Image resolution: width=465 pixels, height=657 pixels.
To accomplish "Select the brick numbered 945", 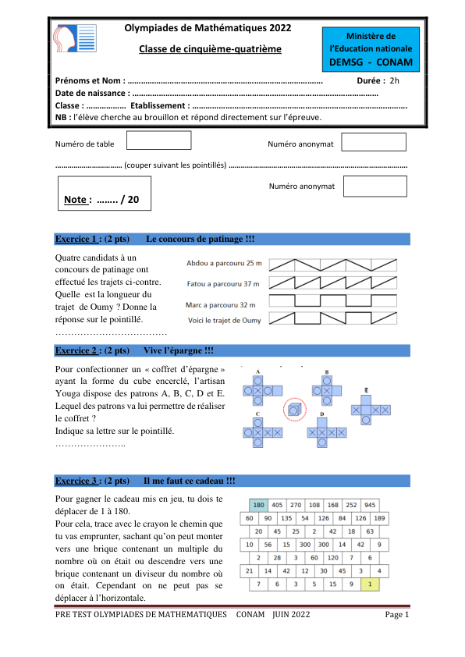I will [370, 505].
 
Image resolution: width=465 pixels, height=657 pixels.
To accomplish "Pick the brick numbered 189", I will [380, 518].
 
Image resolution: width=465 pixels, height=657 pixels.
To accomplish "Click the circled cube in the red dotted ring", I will [294, 409].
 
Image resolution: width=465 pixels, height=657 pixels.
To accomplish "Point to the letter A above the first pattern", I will [257, 371].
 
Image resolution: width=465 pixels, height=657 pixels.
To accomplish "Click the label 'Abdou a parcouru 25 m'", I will [225, 265].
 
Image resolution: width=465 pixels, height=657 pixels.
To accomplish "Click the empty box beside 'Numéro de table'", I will [158, 141].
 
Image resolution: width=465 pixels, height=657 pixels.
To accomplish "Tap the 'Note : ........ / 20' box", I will [104, 193].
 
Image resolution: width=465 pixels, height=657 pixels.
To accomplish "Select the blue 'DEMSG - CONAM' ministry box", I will [372, 48].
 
